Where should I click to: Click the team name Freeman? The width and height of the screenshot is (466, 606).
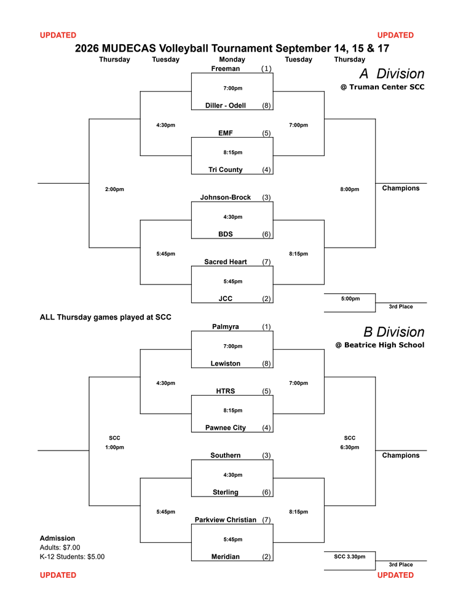coord(226,68)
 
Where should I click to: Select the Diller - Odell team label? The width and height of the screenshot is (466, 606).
coord(226,105)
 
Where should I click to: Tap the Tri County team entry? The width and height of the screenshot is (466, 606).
coord(226,170)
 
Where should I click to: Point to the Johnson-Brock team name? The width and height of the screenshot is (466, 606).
coord(226,197)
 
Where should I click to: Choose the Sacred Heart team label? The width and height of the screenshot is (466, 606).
coord(226,262)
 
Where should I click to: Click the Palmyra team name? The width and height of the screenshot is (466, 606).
coord(226,326)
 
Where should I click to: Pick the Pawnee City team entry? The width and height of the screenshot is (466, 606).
coord(226,427)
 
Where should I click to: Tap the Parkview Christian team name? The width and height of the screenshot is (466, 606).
coord(226,520)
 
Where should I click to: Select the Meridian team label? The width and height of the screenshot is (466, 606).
coord(226,557)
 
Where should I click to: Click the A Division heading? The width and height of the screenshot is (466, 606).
coord(392,73)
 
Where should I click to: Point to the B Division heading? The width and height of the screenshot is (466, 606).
coord(393,332)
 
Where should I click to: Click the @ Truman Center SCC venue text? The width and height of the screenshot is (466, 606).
coord(382,87)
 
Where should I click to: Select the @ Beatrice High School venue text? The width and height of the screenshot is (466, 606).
coord(380,345)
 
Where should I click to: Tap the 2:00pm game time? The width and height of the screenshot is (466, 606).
coord(114,189)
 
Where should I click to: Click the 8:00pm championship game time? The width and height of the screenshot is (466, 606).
coord(350,189)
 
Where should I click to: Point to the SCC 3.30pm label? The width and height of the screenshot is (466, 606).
coord(350,557)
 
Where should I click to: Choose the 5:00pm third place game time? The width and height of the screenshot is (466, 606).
coord(350,298)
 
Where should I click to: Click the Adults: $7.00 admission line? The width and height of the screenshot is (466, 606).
coord(60,547)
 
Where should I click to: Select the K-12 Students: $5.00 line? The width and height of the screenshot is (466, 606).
coord(72,557)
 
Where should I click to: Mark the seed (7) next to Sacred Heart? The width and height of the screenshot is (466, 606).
coord(266,262)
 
